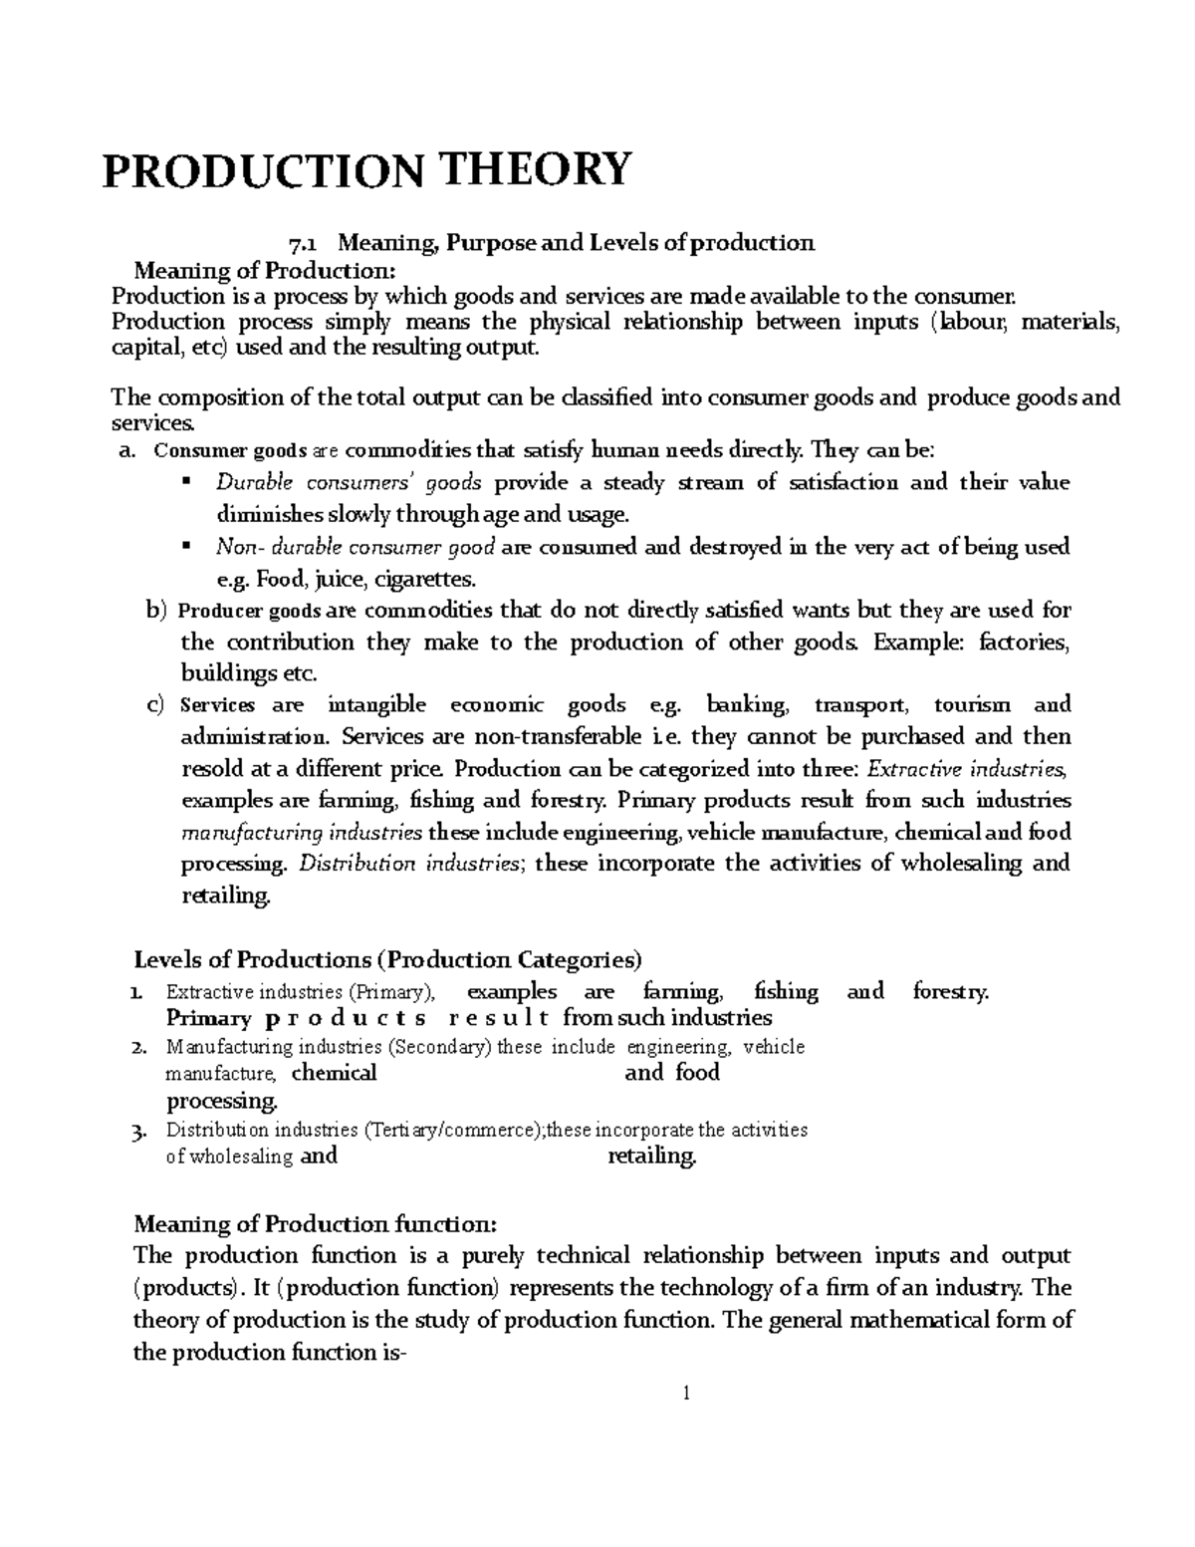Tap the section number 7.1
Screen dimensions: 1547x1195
tap(302, 243)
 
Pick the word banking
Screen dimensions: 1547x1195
tap(747, 705)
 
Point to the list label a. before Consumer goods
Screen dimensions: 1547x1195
tap(125, 451)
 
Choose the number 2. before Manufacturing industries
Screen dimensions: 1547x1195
tap(139, 1047)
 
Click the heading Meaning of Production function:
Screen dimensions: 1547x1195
tap(314, 1223)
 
